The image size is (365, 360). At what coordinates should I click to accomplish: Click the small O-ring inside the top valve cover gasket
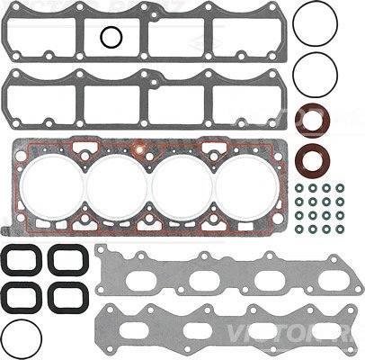tap(111, 37)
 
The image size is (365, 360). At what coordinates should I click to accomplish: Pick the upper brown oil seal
tap(314, 120)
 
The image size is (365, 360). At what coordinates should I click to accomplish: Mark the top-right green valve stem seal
tap(343, 188)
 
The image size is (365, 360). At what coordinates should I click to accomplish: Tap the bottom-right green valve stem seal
tap(343, 231)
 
